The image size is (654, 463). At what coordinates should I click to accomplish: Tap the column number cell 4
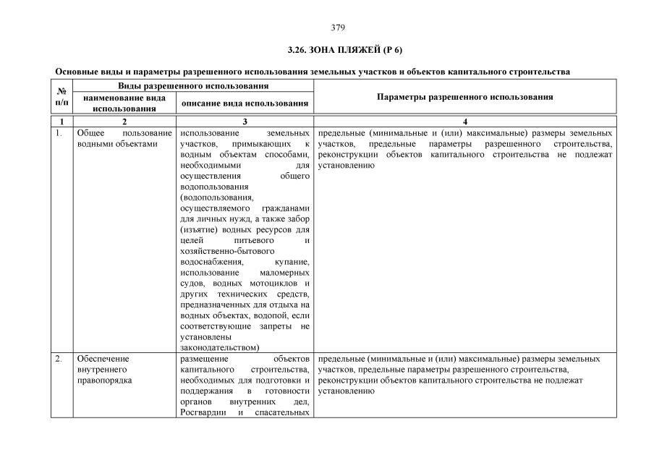(465, 122)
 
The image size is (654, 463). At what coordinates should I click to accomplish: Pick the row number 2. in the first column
(59, 359)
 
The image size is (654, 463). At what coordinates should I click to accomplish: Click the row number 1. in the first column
(59, 134)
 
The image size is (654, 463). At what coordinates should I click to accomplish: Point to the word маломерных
(284, 273)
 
